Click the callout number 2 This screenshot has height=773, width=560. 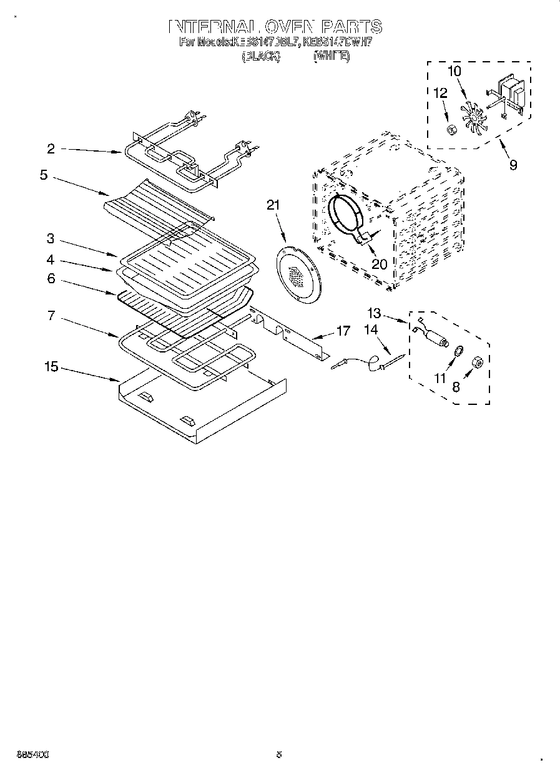click(x=51, y=148)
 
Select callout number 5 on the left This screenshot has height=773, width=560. click(x=43, y=175)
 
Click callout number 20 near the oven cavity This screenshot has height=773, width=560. click(x=379, y=264)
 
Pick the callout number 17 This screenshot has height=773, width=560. click(x=343, y=331)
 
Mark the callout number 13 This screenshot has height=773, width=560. click(x=373, y=313)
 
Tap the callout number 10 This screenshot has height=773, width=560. click(x=454, y=71)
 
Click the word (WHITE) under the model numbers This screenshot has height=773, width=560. click(x=331, y=56)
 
